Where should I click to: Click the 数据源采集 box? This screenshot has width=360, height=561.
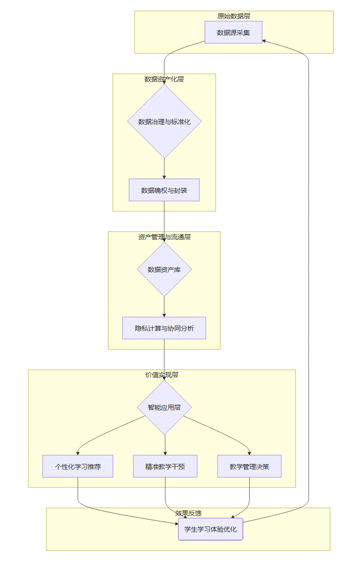click(233, 32)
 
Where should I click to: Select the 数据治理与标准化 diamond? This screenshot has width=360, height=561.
click(164, 121)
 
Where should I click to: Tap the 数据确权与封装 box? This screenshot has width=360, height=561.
click(164, 190)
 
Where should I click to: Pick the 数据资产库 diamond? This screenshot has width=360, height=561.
click(164, 269)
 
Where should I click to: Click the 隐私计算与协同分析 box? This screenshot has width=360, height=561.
click(164, 328)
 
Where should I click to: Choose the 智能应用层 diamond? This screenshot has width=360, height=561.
click(164, 407)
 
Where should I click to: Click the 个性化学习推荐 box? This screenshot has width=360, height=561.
click(78, 466)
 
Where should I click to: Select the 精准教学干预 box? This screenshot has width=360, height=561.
click(165, 466)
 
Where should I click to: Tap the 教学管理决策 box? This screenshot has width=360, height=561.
click(249, 466)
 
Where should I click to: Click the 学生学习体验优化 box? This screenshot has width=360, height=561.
click(210, 529)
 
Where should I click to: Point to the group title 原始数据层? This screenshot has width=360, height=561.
click(234, 16)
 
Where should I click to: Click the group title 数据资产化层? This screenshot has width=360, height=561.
click(164, 79)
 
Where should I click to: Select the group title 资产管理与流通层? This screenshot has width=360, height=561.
click(164, 236)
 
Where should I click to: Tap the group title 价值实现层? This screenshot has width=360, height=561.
click(162, 375)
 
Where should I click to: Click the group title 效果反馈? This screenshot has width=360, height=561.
click(188, 513)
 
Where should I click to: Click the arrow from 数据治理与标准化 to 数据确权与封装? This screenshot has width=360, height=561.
click(164, 168)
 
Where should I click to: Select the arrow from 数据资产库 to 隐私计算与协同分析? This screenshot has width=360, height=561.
click(164, 307)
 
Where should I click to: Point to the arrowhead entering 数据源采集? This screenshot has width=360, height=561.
click(264, 40)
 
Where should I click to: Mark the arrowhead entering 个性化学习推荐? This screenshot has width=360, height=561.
click(78, 452)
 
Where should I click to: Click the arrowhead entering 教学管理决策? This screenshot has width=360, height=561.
click(249, 452)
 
